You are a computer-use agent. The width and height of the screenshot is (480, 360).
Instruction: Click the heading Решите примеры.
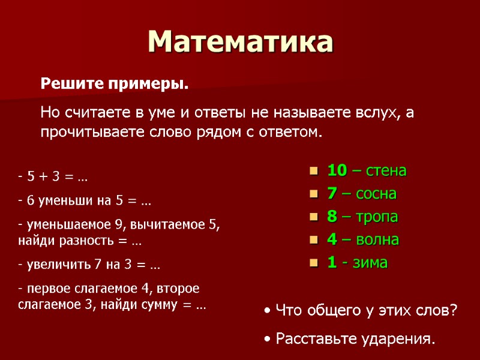click(114, 85)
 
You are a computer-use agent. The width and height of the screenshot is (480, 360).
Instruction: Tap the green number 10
click(337, 171)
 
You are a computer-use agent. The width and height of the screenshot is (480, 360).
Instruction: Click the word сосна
click(376, 194)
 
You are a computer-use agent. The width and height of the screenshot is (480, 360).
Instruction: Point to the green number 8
click(332, 217)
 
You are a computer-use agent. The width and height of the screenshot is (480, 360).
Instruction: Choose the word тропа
click(377, 217)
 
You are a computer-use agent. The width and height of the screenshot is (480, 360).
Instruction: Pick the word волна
click(379, 240)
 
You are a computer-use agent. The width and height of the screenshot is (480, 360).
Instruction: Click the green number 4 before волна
click(332, 240)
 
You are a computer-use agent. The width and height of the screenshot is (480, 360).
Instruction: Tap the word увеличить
click(50, 264)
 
